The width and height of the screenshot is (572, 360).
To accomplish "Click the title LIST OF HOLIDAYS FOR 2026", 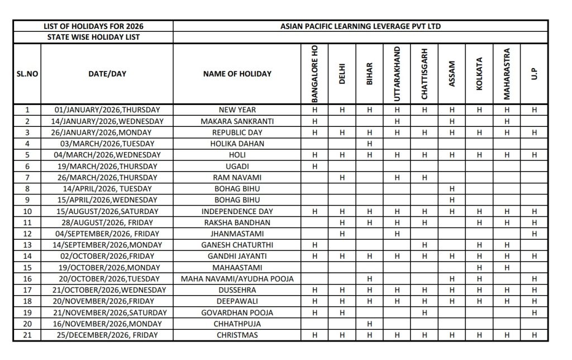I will tap(93, 26).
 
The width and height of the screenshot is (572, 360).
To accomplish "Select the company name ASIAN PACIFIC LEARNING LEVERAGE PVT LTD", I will tap(360, 26).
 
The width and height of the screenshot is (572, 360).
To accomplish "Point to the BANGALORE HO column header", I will tap(314, 74).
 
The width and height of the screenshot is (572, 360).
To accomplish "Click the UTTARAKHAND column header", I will tap(397, 74).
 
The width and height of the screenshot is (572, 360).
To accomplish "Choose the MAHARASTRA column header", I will tap(507, 74).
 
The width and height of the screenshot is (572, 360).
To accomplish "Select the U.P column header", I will tap(534, 74).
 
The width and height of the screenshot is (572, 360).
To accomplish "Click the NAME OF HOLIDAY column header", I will tap(237, 74).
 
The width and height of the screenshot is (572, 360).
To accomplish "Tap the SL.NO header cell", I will tap(27, 74).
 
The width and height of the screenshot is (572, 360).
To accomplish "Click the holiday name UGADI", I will tap(237, 166).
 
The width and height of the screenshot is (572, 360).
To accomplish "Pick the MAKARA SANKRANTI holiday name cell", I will tap(237, 121).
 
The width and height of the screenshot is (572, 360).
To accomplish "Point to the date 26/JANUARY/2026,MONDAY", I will tap(107, 132).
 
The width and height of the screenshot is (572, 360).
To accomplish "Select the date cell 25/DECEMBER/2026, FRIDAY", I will tap(107, 335).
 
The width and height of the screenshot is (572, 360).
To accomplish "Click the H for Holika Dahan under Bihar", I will tap(369, 144).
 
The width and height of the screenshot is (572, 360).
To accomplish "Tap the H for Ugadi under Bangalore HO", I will tap(314, 166).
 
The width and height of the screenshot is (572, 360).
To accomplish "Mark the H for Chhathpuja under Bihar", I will tap(369, 324).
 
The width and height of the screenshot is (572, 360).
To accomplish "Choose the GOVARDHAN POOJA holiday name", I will tap(237, 312).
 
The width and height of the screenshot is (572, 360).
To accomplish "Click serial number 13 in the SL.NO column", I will tap(27, 245).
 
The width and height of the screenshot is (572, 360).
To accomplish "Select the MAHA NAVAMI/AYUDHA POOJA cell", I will tap(237, 278).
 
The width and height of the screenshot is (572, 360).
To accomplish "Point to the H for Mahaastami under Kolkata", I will tap(479, 267).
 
